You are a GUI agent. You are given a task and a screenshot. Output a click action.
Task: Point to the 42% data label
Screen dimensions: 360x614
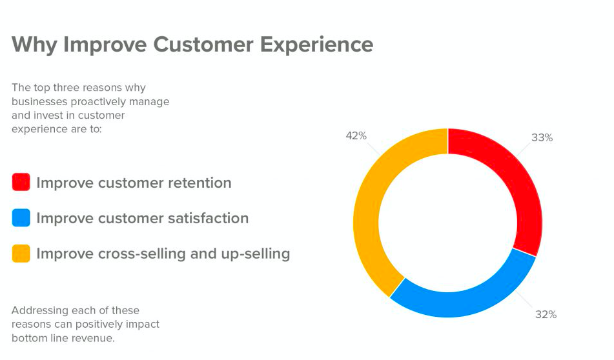coord(356,135)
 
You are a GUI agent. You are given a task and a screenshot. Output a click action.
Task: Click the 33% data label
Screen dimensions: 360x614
coord(542,137)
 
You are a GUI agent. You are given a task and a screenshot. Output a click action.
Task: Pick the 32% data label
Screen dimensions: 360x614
coord(546,314)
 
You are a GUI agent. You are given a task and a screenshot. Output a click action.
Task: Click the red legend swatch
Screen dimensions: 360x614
coord(21,183)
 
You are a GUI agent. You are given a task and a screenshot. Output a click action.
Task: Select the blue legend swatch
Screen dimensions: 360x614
coord(21,218)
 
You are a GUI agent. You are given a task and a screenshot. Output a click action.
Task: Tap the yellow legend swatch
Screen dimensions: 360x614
coord(21,254)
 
